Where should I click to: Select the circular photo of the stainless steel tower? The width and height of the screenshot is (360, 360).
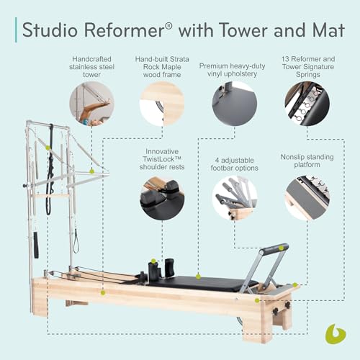click(91, 104)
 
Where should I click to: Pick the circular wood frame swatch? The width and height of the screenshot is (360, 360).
click(163, 104)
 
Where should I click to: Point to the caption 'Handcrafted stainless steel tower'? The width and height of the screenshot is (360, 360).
click(91, 65)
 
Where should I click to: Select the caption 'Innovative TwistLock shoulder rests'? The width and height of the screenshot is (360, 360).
click(163, 160)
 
